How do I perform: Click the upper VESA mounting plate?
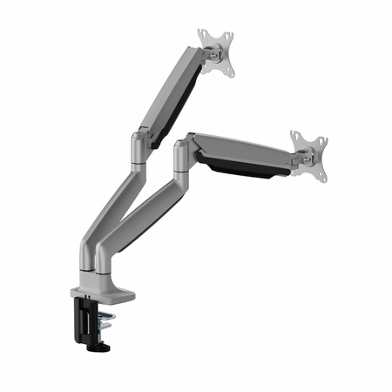216,52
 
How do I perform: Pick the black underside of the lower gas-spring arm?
244,166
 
